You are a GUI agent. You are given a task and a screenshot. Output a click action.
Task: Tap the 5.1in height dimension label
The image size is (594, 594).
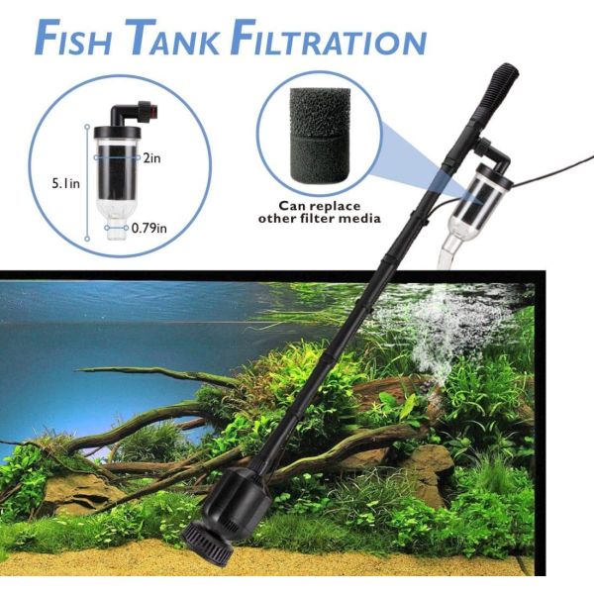pos(62,183)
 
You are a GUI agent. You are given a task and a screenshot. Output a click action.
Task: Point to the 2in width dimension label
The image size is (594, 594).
pos(151,157)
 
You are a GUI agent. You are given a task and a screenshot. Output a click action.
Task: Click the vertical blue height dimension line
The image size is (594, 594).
pos(88,182)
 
